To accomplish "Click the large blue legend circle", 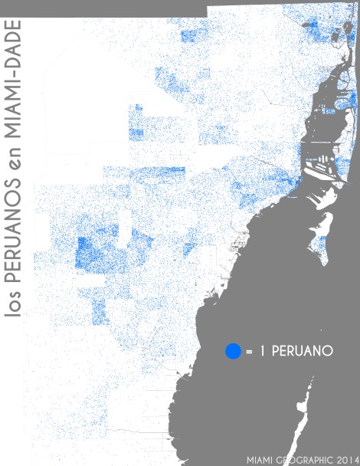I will pos(233,352).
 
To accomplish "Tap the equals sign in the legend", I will pos(250,352).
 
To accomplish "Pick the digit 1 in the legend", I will pos(263,352).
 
